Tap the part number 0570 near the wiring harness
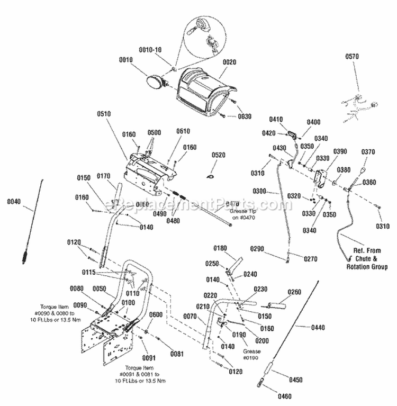tap(352, 56)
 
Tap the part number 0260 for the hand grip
tap(294, 292)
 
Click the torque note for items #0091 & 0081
tap(142, 374)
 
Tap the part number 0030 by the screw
tap(245, 116)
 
